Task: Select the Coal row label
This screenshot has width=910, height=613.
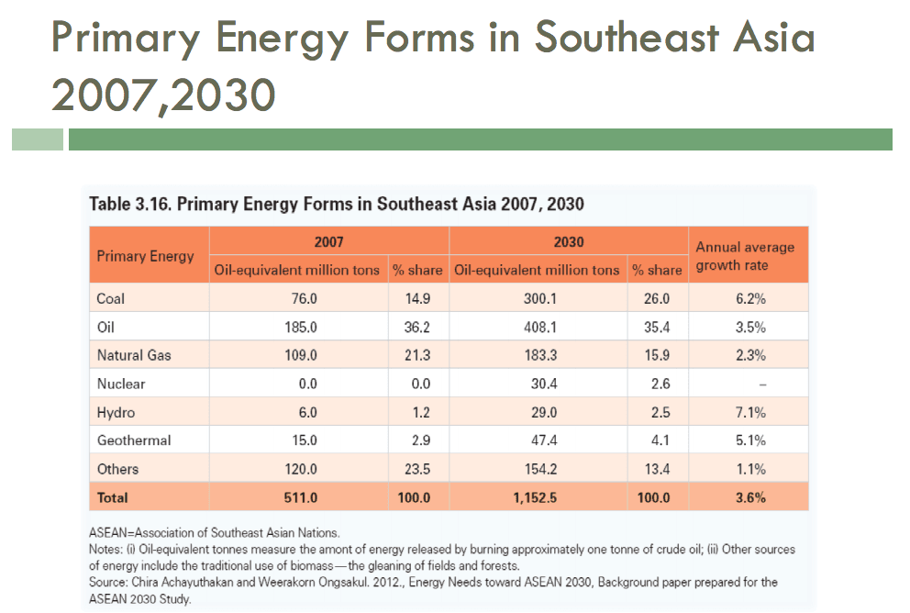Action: (110, 298)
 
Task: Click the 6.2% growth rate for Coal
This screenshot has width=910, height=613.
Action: (750, 298)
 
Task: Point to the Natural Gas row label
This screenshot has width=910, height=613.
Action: (134, 355)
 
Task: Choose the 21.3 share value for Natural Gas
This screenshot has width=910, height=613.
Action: (417, 355)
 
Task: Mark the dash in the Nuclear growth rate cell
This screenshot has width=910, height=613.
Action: (750, 385)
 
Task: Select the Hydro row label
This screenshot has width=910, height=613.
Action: (116, 412)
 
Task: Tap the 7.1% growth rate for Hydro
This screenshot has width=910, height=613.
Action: (750, 412)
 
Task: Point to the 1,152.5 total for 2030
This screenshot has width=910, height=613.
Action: (538, 498)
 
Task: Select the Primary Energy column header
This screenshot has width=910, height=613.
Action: (145, 256)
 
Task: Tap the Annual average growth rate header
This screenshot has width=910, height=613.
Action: (745, 256)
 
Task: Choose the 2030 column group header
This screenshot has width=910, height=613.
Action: (569, 242)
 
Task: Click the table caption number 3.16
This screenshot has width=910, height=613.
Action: (151, 204)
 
